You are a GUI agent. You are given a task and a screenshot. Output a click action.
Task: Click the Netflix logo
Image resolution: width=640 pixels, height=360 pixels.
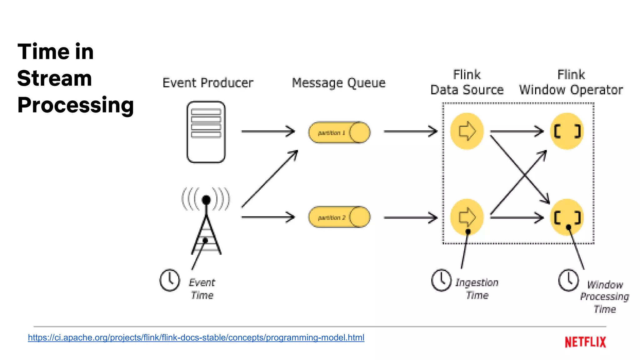(x=585, y=342)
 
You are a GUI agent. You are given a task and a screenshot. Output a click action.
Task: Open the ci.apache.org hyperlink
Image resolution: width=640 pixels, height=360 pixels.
(x=196, y=337)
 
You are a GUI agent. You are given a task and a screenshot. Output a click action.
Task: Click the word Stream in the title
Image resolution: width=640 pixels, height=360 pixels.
(x=55, y=78)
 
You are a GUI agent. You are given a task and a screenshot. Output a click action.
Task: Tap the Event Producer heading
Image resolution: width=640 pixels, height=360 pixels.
(x=208, y=83)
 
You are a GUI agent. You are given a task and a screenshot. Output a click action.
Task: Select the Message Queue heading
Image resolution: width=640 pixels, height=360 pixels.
(x=339, y=83)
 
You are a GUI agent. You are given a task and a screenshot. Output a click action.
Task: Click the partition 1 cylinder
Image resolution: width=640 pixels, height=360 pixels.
(x=339, y=132)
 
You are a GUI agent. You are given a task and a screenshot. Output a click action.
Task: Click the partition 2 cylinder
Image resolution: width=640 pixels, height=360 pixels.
(x=339, y=217)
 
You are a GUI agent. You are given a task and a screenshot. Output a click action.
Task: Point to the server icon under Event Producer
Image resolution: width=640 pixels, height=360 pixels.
(x=206, y=132)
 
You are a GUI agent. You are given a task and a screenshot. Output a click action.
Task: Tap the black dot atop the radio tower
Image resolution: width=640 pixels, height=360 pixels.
(x=206, y=200)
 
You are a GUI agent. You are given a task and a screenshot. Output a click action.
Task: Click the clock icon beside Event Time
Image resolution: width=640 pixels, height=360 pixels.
(x=170, y=280)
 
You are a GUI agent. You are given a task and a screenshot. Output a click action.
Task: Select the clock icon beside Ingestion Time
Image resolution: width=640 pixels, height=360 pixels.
(x=441, y=280)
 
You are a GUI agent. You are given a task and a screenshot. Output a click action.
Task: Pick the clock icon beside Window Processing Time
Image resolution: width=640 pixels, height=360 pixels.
(x=568, y=280)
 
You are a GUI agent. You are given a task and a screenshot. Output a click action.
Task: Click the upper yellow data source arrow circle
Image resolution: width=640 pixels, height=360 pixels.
(x=467, y=131)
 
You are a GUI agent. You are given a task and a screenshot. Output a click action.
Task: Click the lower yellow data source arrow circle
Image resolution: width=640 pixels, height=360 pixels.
(x=467, y=217)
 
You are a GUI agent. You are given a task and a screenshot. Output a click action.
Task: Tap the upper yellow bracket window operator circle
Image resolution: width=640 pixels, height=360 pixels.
(x=567, y=131)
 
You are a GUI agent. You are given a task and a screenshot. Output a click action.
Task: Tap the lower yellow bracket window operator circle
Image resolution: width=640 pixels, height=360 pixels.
(x=567, y=217)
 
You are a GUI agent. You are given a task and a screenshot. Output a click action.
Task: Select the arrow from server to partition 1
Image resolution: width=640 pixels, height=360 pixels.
(x=268, y=131)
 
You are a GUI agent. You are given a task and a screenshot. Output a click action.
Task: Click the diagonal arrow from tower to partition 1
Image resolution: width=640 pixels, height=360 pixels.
(x=269, y=179)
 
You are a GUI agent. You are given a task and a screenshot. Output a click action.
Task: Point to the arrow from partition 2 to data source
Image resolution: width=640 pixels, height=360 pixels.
(x=410, y=217)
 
